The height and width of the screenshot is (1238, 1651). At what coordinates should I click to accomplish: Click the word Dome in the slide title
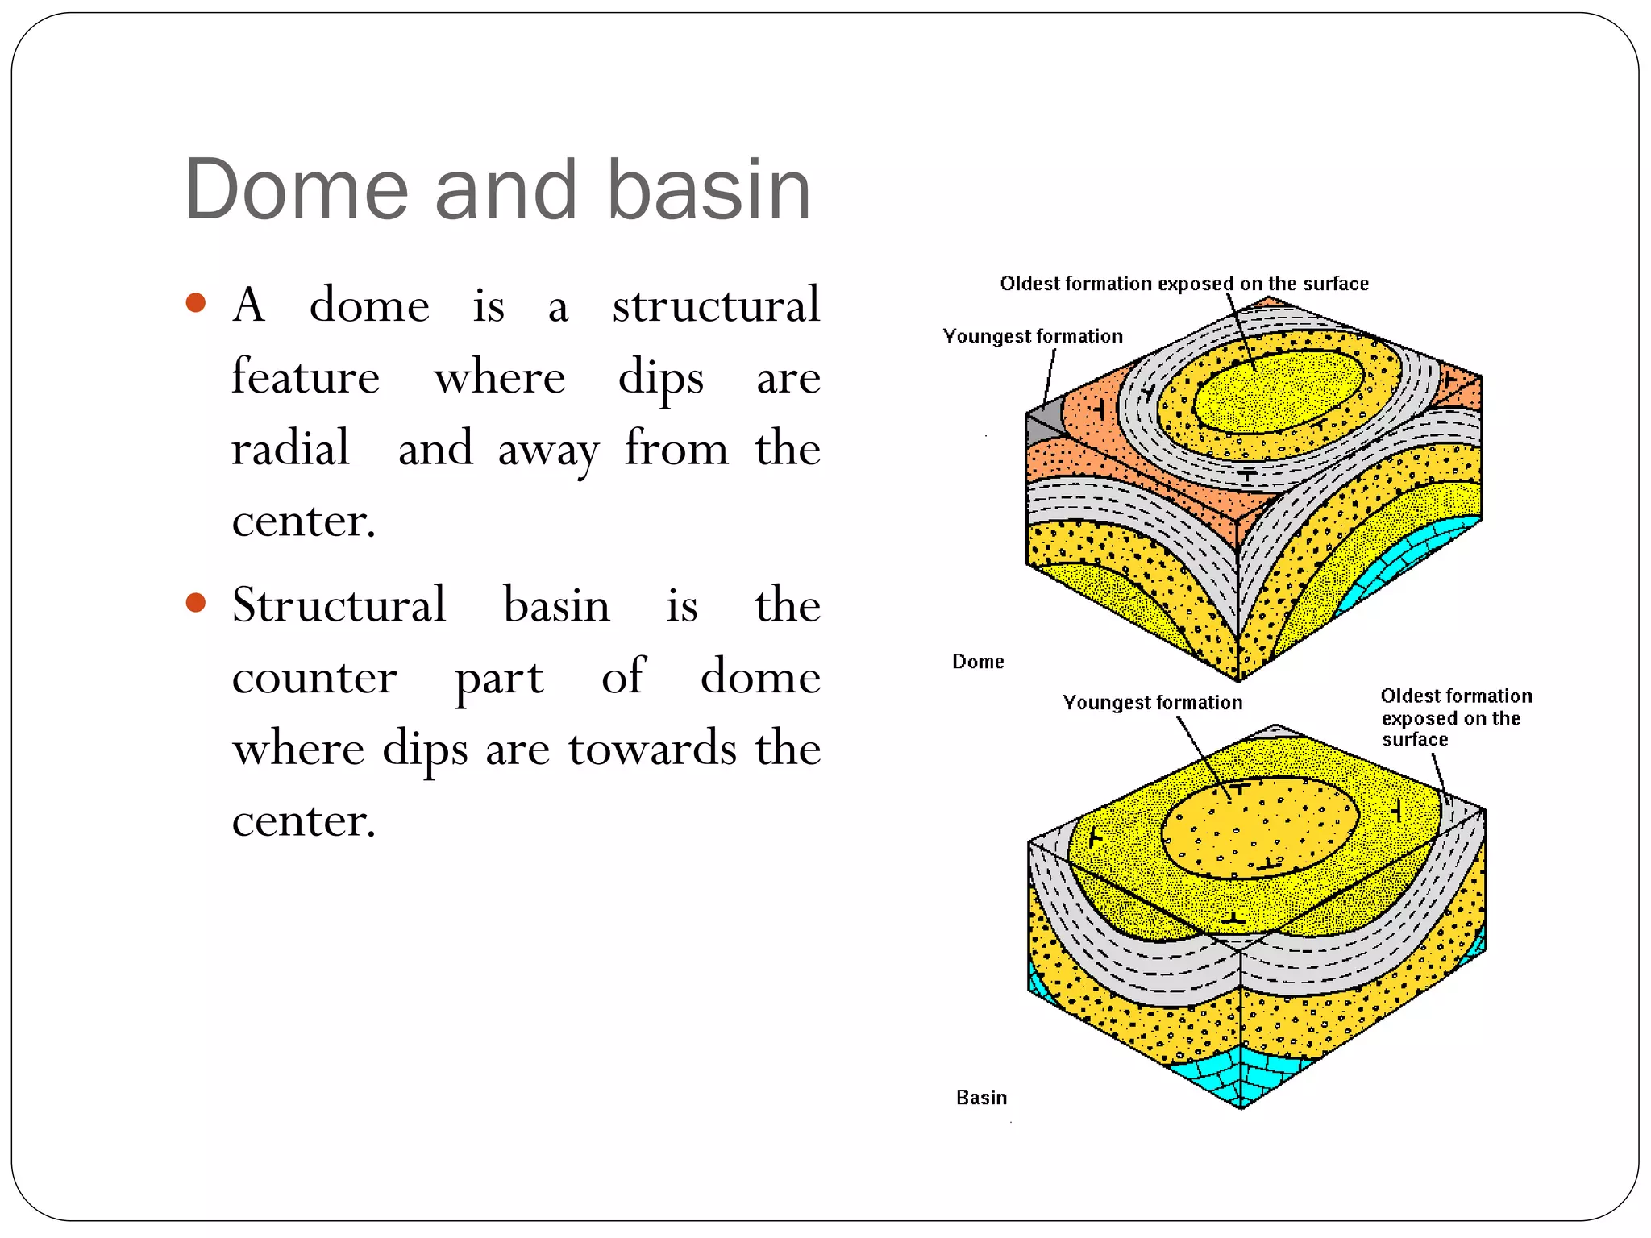pyautogui.click(x=296, y=189)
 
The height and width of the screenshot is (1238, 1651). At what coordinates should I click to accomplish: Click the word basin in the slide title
pyautogui.click(x=709, y=189)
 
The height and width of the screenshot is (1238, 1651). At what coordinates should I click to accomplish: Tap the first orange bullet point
pyautogui.click(x=196, y=303)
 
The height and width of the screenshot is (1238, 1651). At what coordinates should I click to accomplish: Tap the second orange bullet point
pyautogui.click(x=196, y=602)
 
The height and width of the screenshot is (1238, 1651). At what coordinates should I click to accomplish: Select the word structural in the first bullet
pyautogui.click(x=716, y=305)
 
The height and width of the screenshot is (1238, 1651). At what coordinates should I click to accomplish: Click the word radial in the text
pyautogui.click(x=290, y=448)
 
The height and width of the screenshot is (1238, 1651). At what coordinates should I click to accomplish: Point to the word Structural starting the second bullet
pyautogui.click(x=339, y=604)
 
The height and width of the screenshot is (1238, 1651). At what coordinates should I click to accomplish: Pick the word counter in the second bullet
pyautogui.click(x=314, y=676)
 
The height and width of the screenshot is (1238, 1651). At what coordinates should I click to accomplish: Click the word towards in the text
pyautogui.click(x=652, y=748)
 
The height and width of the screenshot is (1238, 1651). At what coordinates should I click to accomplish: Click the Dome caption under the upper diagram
pyautogui.click(x=978, y=662)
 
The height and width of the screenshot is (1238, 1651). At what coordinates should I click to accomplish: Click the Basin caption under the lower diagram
pyautogui.click(x=981, y=1098)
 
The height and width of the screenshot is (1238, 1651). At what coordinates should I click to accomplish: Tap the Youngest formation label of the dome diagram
pyautogui.click(x=1033, y=336)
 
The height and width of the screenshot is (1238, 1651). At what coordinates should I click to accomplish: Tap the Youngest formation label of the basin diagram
pyautogui.click(x=1152, y=703)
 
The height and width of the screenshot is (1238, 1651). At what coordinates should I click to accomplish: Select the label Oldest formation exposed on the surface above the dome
pyautogui.click(x=1184, y=284)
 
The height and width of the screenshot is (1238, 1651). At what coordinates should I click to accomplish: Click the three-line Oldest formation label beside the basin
pyautogui.click(x=1455, y=717)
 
